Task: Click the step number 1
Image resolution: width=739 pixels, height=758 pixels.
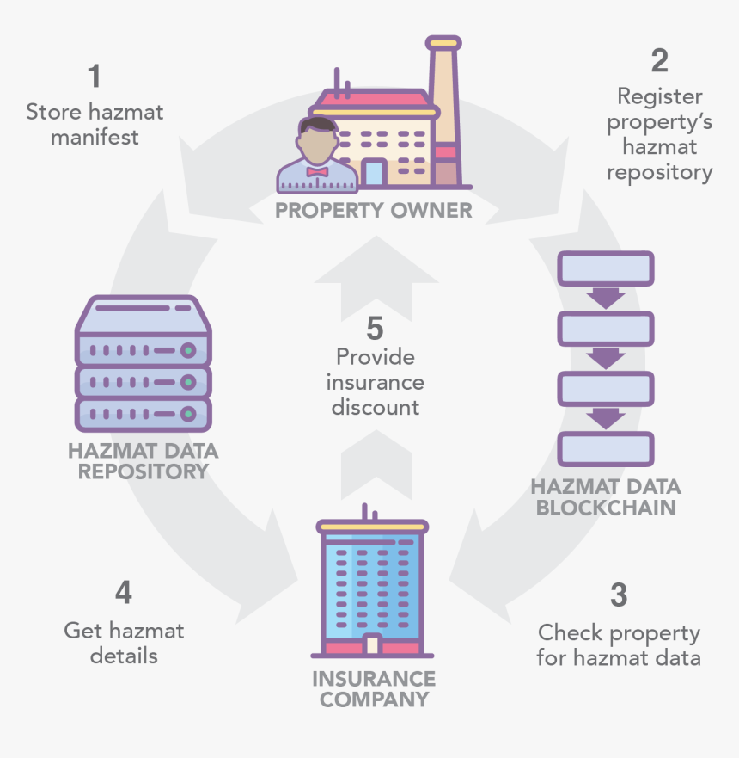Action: pos(95,77)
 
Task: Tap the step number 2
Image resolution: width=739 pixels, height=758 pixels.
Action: pos(659,60)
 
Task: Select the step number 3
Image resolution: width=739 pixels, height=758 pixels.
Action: pos(619,595)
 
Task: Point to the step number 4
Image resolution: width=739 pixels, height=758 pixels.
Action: pos(124,593)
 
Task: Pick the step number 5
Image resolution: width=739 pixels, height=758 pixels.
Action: pos(375,328)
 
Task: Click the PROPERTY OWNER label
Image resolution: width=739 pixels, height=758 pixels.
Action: pos(374,210)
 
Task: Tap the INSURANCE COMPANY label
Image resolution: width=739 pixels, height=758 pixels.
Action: pos(374,688)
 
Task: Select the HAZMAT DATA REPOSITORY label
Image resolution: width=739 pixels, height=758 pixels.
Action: pos(143,461)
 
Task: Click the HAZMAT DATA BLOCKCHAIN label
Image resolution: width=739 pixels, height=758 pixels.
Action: pos(606,497)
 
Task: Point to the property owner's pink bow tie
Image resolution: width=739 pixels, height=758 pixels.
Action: pos(317,172)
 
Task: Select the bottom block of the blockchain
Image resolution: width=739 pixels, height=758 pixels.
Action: pos(606,448)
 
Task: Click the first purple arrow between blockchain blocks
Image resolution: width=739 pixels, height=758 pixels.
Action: pos(606,299)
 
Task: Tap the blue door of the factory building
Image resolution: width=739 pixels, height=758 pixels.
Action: pos(374,173)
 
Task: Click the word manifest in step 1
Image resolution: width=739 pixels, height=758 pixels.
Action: pos(95,137)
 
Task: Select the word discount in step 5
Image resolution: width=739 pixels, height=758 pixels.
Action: pos(375,406)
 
